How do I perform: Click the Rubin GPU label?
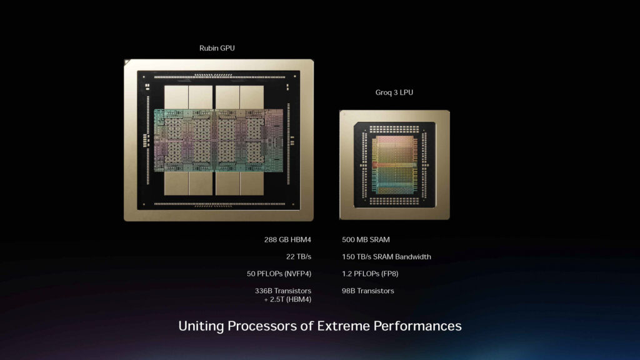pos(217,48)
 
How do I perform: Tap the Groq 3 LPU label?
pos(394,92)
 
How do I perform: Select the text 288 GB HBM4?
pos(287,239)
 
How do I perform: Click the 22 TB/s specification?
pos(299,257)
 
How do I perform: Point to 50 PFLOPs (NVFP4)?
pos(279,274)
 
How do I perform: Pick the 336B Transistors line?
pos(283,291)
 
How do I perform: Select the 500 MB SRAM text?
pos(366,239)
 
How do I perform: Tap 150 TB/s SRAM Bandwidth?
pos(386,257)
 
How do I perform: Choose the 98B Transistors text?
pos(368,291)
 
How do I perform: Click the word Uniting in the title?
pos(199,326)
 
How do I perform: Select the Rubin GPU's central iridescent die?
pos(218,140)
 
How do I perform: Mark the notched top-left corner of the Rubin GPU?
pos(126,61)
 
